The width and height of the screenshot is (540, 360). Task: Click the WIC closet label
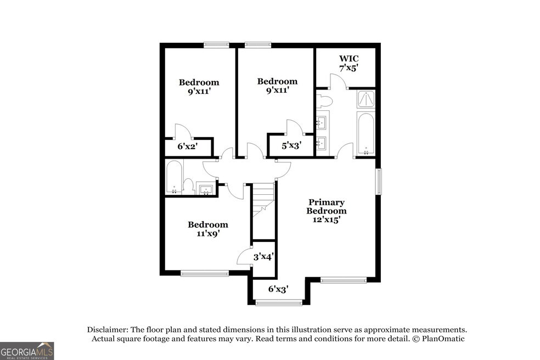tap(348, 59)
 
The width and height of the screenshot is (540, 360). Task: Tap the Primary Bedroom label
tap(327, 206)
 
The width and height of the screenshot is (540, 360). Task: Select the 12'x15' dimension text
tap(327, 220)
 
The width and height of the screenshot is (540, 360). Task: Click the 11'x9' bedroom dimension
tap(208, 234)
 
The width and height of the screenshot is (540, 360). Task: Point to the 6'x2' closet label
tap(187, 147)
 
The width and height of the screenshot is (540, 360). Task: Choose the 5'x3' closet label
tap(292, 146)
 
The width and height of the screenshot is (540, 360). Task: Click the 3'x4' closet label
tap(263, 257)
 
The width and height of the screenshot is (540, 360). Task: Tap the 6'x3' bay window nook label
tap(278, 289)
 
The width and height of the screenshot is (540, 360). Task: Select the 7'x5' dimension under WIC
tap(349, 68)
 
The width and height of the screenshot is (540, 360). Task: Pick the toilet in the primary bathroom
tap(324, 101)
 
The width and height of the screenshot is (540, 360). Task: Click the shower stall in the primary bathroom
tap(366, 99)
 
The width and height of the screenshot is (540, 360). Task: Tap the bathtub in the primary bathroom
tap(365, 134)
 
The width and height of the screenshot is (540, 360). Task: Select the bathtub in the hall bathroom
tap(175, 177)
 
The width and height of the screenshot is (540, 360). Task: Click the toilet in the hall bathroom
tap(188, 187)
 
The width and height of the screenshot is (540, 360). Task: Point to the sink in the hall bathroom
tap(206, 189)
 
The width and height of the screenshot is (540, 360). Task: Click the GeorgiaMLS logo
tap(27, 351)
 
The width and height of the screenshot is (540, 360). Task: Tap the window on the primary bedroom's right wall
tap(379, 181)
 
